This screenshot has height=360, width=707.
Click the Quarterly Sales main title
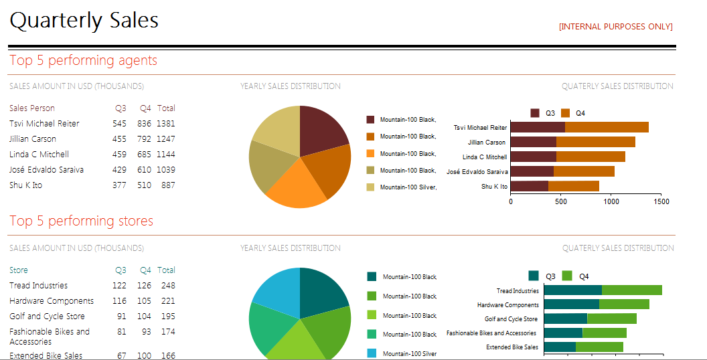point(84,21)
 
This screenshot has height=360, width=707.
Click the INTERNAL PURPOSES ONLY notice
point(615,27)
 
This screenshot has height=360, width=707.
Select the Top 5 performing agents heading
point(84,60)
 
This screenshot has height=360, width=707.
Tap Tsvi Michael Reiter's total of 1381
point(166,123)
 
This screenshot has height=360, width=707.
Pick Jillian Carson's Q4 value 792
point(145,139)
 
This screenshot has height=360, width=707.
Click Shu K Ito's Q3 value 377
point(119,185)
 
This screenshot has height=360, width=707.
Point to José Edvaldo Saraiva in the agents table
point(46,170)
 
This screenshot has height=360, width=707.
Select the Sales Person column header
point(32,108)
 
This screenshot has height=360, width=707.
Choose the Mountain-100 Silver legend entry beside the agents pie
point(401,187)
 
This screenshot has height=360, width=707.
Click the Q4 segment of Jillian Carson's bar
point(596,142)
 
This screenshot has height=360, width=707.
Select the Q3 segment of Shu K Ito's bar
point(530,186)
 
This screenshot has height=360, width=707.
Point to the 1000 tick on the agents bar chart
point(611,202)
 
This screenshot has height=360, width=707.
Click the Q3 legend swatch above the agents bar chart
point(535,113)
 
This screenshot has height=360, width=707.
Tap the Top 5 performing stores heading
point(81,221)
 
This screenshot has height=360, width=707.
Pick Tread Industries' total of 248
point(167,286)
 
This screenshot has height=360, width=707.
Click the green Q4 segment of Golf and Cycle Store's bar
point(612,319)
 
